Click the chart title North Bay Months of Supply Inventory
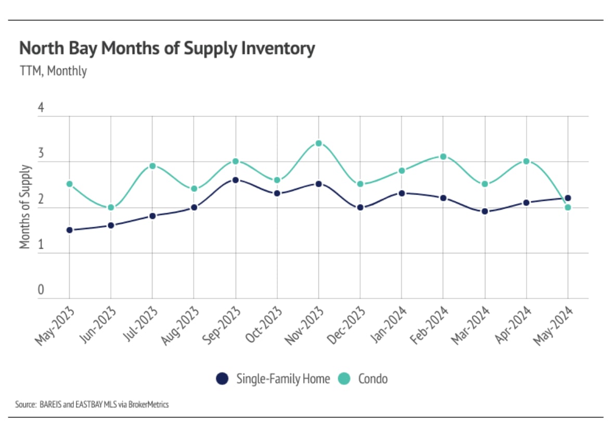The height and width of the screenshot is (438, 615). (167, 49)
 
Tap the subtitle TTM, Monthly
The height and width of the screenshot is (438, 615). (53, 71)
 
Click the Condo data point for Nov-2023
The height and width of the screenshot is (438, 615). (318, 143)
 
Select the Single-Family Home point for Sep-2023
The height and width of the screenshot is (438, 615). (236, 180)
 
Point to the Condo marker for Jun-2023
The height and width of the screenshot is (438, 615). (111, 208)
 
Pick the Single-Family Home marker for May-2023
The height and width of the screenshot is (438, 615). (69, 230)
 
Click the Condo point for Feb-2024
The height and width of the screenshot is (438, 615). (443, 157)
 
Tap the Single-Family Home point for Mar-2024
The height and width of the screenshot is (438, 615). (485, 211)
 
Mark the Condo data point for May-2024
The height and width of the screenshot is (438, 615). (568, 208)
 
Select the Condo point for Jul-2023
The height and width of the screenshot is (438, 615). (152, 166)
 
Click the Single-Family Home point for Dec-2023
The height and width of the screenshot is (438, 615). (360, 208)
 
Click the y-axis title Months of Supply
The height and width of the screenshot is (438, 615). (24, 207)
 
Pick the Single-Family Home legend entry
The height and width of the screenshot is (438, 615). (283, 379)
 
